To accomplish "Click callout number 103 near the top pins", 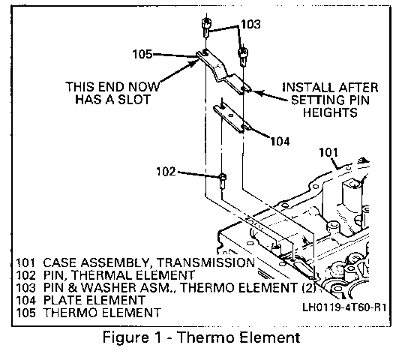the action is [x=250, y=24].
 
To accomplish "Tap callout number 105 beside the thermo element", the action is [x=142, y=54].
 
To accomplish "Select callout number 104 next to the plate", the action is [x=280, y=141].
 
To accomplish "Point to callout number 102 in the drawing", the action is [x=166, y=172].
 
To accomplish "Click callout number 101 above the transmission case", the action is [x=328, y=152].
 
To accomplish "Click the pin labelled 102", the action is [x=222, y=181].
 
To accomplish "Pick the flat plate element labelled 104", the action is [x=232, y=118].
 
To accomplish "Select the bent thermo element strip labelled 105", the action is [x=223, y=71].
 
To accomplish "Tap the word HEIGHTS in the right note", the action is [x=330, y=112].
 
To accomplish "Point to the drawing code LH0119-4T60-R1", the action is [x=344, y=307].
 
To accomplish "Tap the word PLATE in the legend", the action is [x=65, y=300].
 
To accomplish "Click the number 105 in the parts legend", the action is [x=25, y=313].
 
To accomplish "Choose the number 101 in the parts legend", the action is [x=25, y=262].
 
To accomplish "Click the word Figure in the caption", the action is [x=125, y=337].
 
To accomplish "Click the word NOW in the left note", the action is [x=144, y=87].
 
